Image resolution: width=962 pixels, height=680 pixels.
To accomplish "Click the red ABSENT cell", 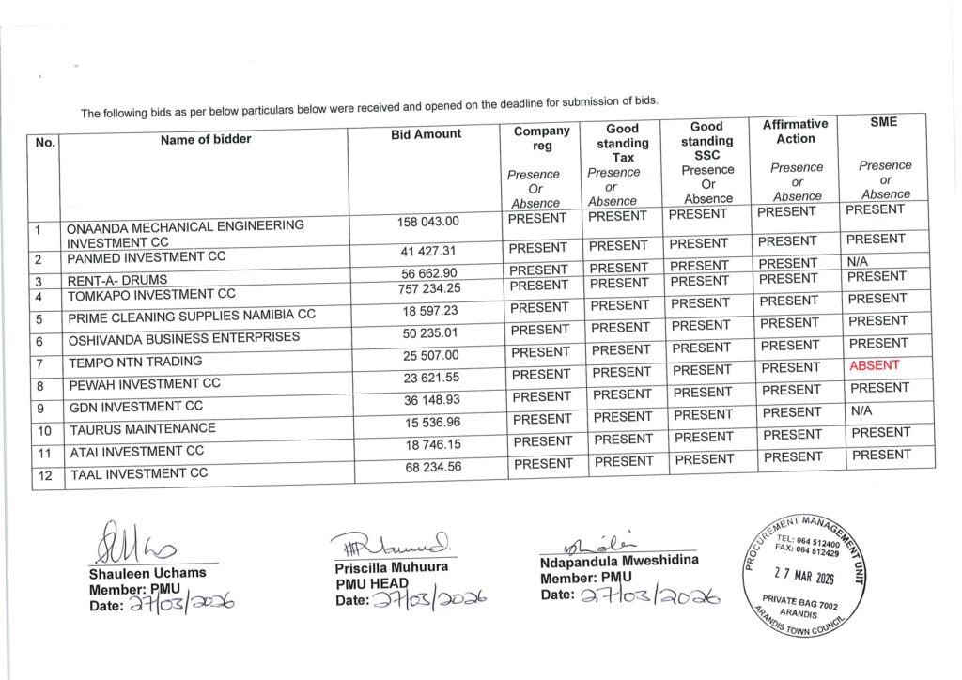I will point(874,365).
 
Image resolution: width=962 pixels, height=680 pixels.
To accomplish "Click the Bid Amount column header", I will point(426,134).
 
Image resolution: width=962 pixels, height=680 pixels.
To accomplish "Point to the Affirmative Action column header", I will point(795,131).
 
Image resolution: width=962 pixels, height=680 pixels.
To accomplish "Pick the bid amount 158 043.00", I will point(428,222).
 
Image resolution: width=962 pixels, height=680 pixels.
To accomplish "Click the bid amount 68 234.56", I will point(434,466).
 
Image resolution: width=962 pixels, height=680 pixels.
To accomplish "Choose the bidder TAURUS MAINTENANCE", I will point(142,429).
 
